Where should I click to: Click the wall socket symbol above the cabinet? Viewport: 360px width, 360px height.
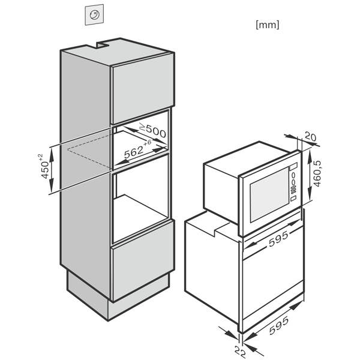click(x=94, y=14)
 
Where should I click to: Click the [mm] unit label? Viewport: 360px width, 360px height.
click(x=268, y=25)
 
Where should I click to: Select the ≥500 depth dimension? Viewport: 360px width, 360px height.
click(x=153, y=131)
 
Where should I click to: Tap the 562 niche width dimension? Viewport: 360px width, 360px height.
click(x=134, y=152)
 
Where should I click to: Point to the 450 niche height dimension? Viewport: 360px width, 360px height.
click(x=45, y=170)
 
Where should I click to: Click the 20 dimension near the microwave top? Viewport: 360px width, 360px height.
click(x=310, y=137)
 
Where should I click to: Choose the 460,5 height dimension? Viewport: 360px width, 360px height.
click(x=317, y=174)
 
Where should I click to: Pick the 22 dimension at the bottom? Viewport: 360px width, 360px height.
click(x=240, y=352)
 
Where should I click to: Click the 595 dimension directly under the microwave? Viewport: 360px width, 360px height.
click(x=278, y=239)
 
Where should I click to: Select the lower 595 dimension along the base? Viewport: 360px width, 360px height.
click(x=279, y=325)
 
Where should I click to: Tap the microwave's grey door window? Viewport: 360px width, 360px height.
click(x=269, y=194)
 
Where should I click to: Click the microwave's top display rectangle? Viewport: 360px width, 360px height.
click(x=293, y=166)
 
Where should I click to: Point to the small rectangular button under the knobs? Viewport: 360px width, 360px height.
click(x=293, y=198)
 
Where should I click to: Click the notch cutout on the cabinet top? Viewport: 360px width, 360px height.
click(x=103, y=44)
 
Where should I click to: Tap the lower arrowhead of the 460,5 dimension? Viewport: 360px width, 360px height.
click(x=310, y=193)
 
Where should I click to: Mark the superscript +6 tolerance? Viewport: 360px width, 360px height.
click(x=148, y=142)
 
